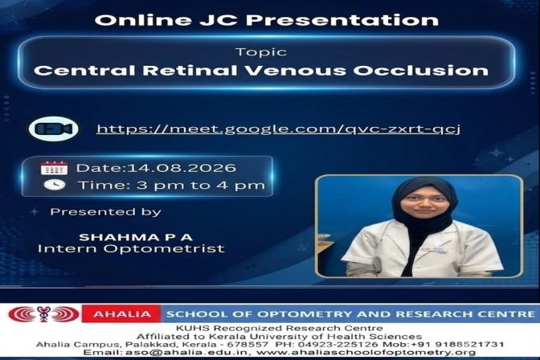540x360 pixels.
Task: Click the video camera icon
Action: click(x=53, y=129)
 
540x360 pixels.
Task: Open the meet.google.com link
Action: click(x=278, y=129)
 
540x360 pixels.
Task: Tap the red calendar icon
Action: click(x=54, y=168)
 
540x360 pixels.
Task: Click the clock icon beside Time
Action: click(x=54, y=185)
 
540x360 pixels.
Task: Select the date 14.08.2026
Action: click(x=182, y=168)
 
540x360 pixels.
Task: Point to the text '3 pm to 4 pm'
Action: click(x=201, y=186)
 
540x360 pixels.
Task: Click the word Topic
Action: click(x=260, y=52)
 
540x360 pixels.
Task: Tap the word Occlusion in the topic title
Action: click(x=421, y=71)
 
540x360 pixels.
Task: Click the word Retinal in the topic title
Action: click(x=191, y=71)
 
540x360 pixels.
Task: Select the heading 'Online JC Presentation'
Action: click(x=267, y=20)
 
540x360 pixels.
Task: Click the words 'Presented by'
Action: click(x=106, y=212)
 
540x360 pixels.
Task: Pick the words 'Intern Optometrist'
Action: click(x=131, y=248)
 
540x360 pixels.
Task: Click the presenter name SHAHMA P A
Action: click(x=136, y=237)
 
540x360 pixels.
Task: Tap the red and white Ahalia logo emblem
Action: click(x=43, y=314)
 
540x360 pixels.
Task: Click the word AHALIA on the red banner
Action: click(x=122, y=314)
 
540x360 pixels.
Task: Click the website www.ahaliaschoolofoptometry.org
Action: click(x=366, y=353)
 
